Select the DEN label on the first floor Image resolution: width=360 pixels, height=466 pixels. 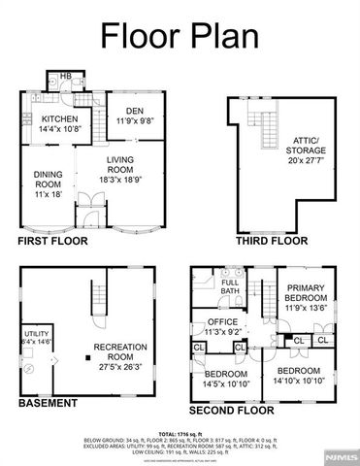point(131,116)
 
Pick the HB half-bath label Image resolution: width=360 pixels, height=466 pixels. point(66,77)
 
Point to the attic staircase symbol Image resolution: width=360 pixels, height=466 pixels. point(261,125)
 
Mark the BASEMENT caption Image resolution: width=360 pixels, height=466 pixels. point(46,401)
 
